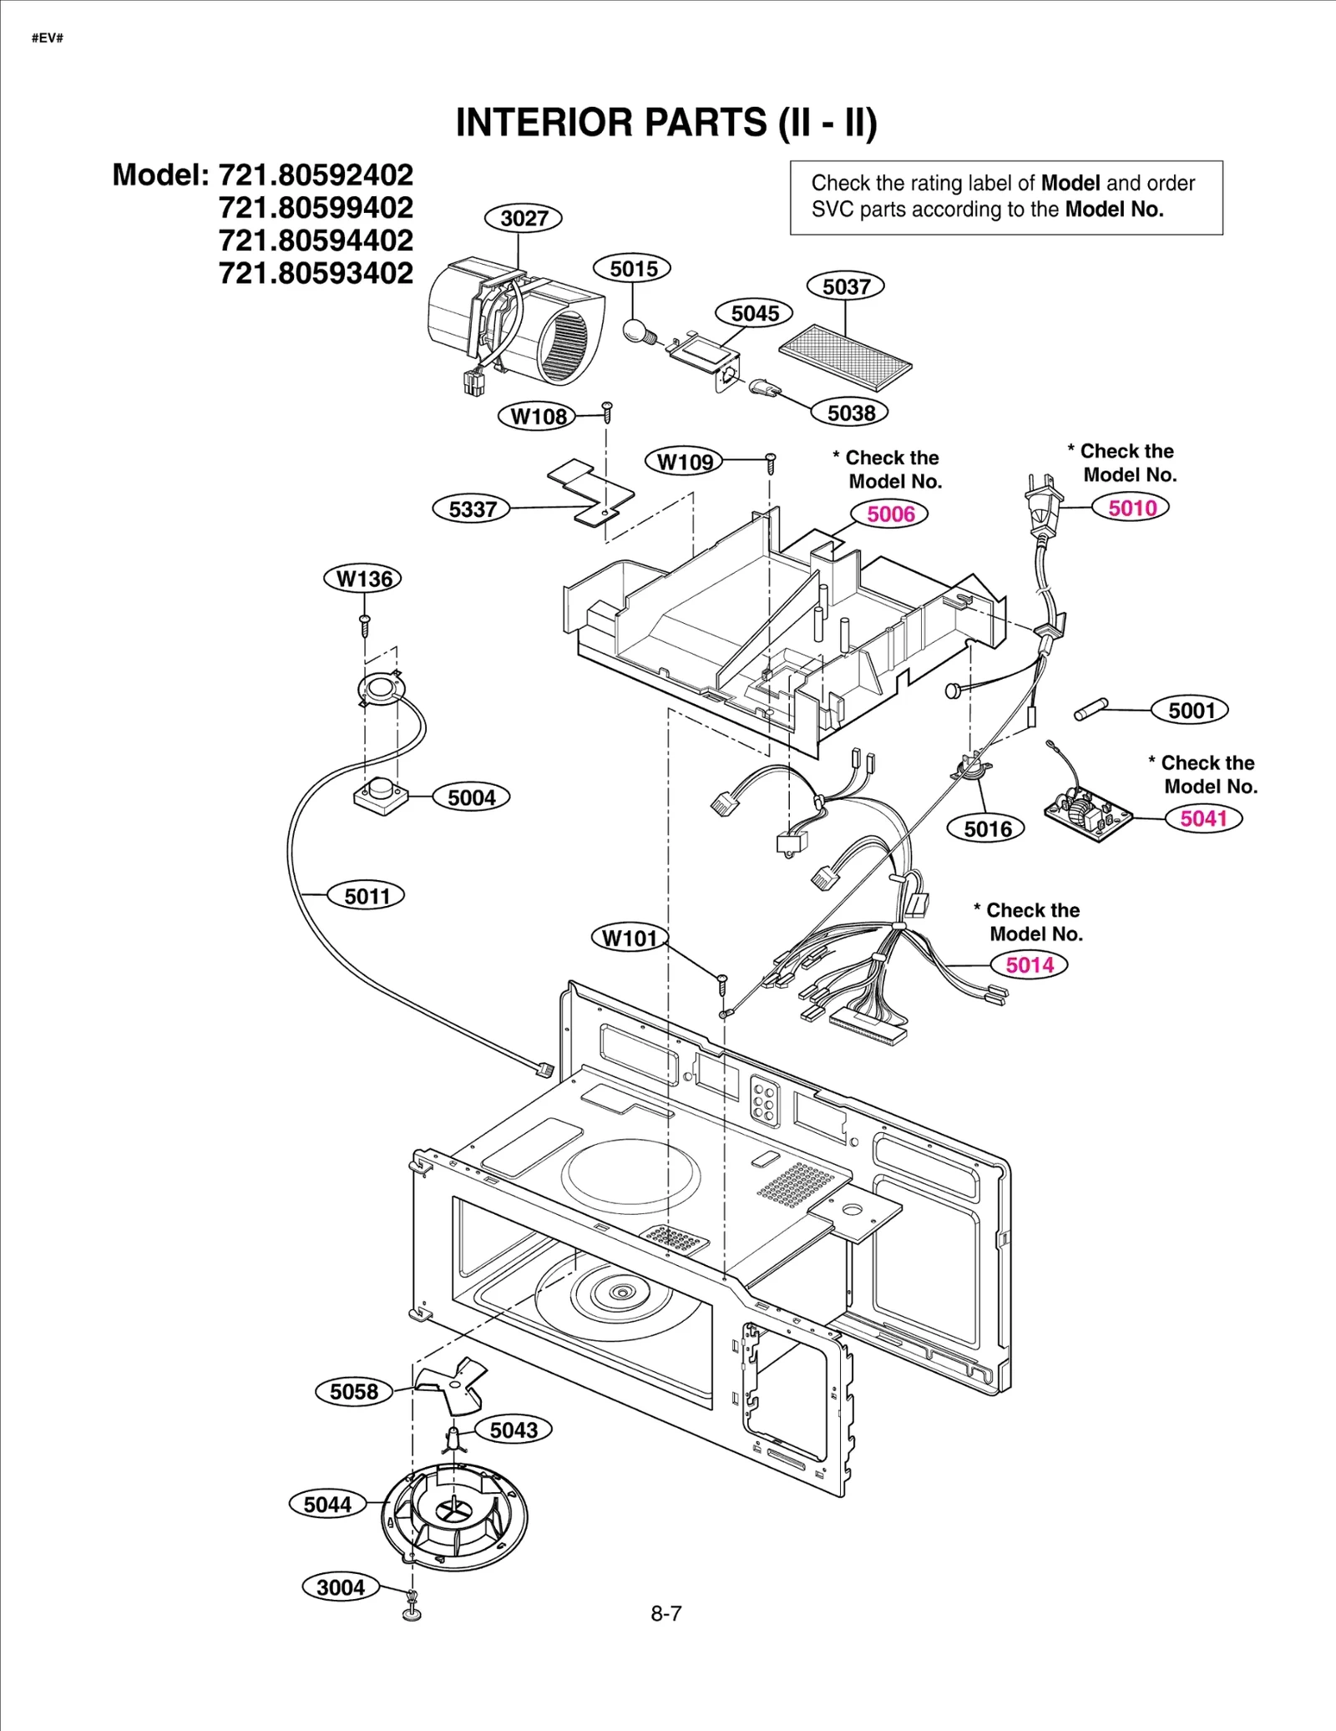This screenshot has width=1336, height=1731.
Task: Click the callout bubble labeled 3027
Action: [524, 218]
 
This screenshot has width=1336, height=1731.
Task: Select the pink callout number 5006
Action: [890, 514]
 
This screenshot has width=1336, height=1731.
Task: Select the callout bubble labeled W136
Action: [363, 579]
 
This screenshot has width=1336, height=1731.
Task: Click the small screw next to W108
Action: [608, 409]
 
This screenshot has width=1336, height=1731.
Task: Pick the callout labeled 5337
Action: [472, 509]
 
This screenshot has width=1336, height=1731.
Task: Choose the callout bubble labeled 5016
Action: [987, 828]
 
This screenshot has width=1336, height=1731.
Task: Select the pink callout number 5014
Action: [1029, 964]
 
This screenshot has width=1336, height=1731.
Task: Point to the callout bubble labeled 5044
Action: [327, 1504]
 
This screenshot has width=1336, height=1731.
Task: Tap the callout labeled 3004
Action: [341, 1587]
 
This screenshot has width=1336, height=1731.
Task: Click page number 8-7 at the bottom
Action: [665, 1613]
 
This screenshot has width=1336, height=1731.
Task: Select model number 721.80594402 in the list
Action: [316, 240]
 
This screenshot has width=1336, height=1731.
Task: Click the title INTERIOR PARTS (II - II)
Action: [666, 123]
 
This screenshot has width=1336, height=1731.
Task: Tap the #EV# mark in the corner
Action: [48, 38]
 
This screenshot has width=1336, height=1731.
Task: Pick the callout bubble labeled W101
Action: [630, 938]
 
